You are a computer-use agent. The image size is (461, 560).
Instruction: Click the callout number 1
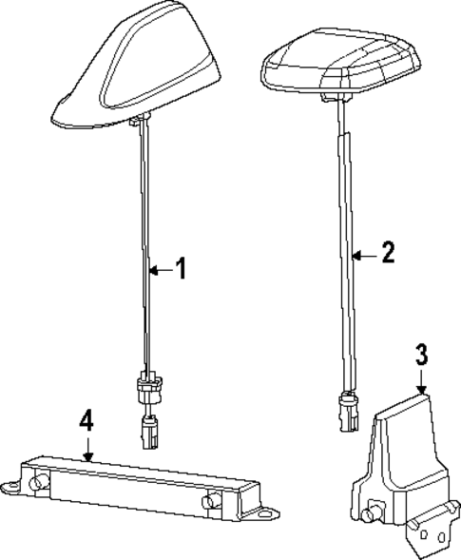[x=181, y=270]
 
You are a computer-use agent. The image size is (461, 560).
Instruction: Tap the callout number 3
[x=422, y=356]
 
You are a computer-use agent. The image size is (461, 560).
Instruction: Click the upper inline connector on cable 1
[x=147, y=387]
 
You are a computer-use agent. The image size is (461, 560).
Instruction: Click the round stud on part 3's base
[x=367, y=515]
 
